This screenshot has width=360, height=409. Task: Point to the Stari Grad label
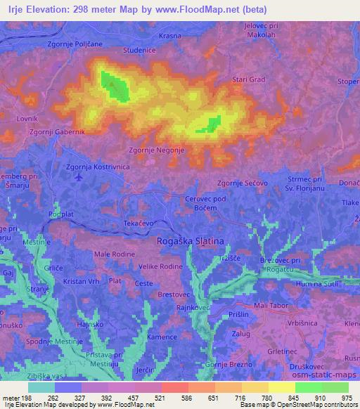pos(250,79)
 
